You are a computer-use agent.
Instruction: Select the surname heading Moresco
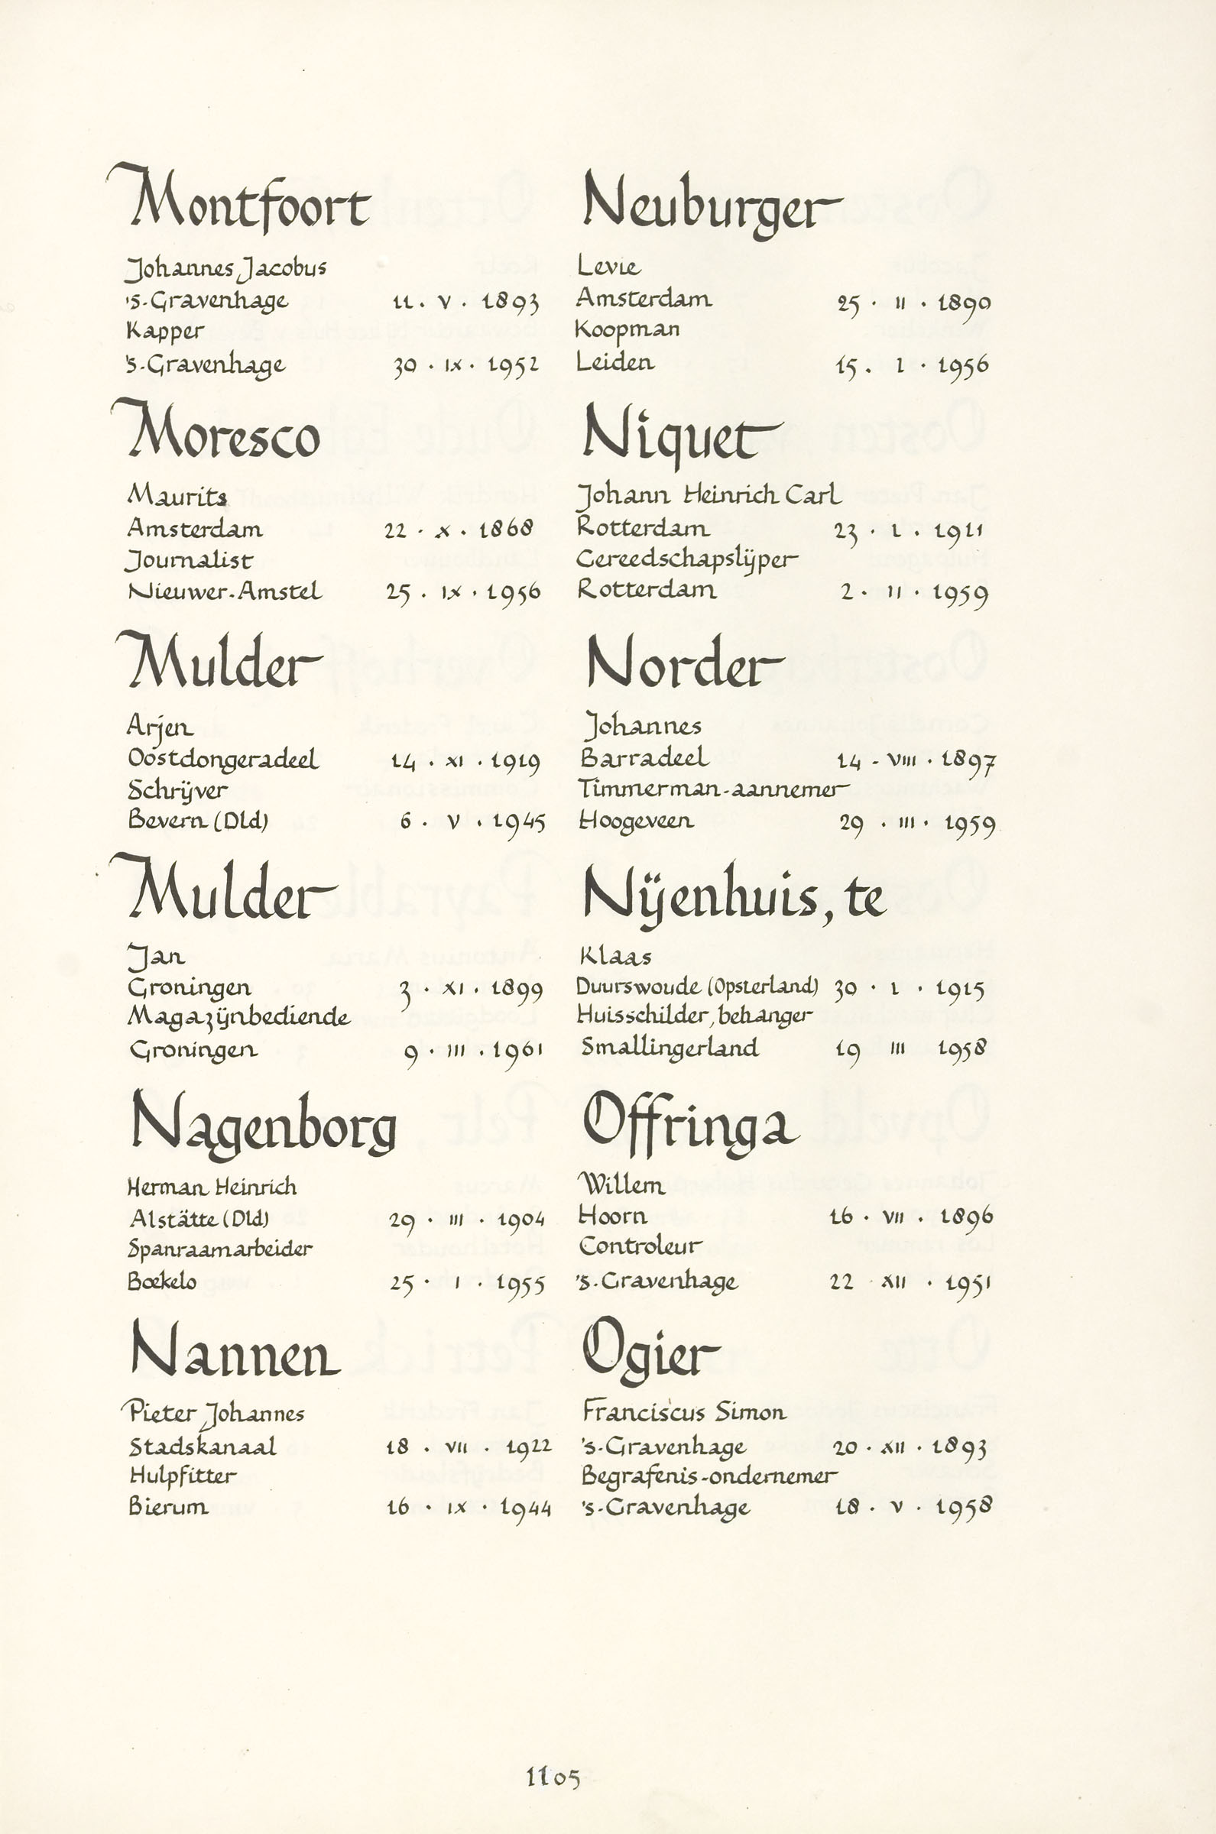click(221, 435)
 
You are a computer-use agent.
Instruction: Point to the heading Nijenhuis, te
click(733, 898)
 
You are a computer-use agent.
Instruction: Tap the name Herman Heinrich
click(212, 1187)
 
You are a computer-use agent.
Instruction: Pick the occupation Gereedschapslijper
click(687, 560)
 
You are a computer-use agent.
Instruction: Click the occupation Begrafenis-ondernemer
click(709, 1476)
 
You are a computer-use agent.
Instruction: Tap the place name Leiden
click(615, 363)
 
